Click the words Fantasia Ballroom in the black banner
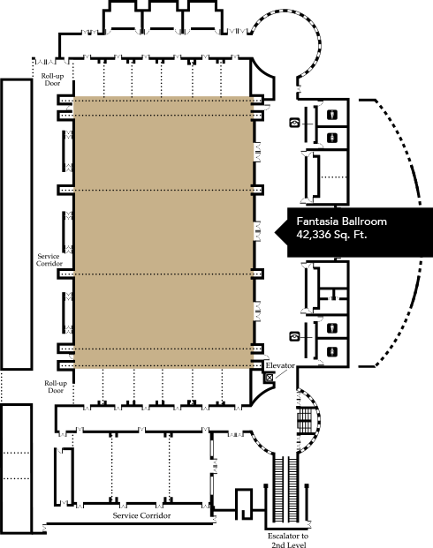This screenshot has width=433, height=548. click(342, 221)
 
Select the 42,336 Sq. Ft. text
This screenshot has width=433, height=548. click(331, 234)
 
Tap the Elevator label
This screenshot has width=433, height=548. click(280, 365)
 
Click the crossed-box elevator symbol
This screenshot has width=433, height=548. click(270, 378)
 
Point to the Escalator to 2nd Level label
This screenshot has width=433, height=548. click(288, 540)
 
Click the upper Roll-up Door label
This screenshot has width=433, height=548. click(52, 79)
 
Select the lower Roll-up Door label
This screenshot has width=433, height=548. click(56, 387)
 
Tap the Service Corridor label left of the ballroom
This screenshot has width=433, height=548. click(49, 259)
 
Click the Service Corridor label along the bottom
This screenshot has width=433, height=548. click(141, 515)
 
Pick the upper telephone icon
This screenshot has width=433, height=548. click(295, 123)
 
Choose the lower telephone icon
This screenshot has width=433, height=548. click(295, 336)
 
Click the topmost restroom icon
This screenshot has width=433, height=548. click(332, 115)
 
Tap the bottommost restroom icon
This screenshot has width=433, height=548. click(332, 351)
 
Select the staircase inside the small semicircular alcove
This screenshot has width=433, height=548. click(304, 420)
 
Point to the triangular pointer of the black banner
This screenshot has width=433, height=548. click(281, 232)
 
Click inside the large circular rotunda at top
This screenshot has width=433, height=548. click(285, 45)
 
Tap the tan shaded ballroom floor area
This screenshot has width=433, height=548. click(163, 232)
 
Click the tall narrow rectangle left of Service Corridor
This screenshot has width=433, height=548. click(17, 224)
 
